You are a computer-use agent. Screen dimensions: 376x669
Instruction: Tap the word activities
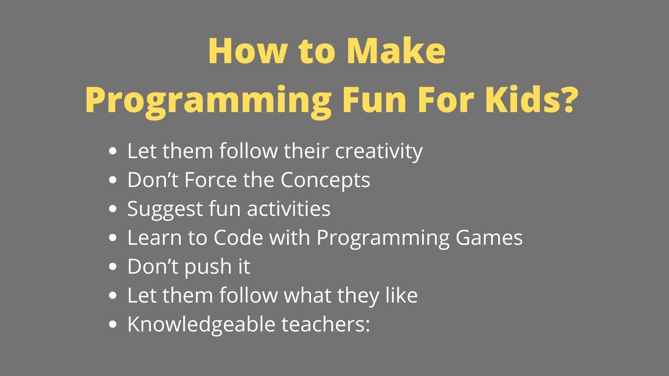click(x=288, y=210)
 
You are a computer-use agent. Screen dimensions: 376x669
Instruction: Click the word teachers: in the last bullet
click(x=326, y=325)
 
